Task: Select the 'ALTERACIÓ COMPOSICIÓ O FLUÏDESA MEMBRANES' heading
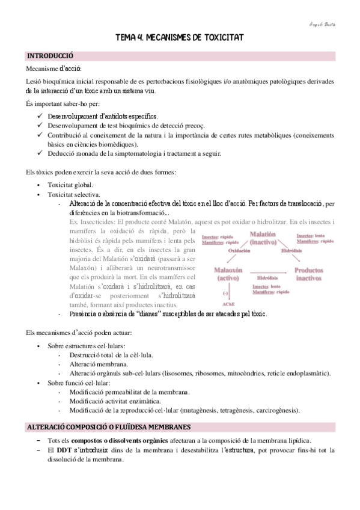109,427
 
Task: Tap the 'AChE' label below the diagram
227,304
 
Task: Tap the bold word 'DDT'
65,450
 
